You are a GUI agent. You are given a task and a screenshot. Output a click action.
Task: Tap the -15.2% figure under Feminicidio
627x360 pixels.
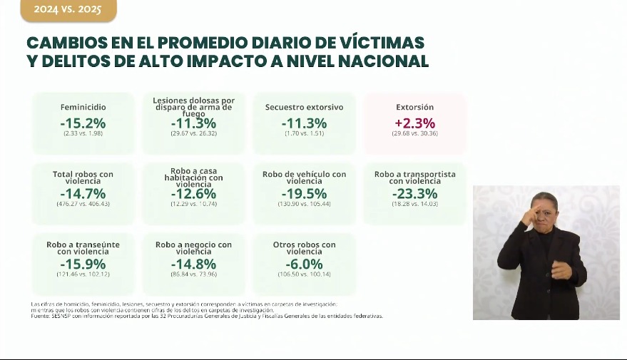coord(83,123)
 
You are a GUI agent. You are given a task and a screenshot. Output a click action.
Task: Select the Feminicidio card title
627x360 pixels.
coord(83,107)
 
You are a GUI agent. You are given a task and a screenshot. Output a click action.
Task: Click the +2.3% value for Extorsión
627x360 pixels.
coord(414,123)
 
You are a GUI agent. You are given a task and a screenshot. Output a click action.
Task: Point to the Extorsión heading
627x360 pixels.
coord(414,107)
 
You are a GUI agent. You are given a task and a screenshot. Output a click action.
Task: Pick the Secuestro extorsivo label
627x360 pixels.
coord(304,107)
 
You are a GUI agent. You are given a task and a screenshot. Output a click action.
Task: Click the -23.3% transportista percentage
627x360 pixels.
coord(414,193)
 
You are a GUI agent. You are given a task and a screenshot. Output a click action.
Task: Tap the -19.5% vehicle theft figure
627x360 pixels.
coord(304,193)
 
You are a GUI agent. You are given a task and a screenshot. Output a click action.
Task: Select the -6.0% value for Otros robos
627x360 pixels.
coord(304,264)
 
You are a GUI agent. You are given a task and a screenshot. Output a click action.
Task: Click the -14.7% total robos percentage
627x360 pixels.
coord(83,193)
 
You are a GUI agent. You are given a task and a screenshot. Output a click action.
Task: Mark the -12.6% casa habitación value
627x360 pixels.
coord(193,193)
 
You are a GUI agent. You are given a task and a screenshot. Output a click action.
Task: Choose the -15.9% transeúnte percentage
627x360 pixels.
coord(83,264)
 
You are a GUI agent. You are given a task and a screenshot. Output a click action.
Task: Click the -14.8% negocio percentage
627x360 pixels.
coord(193,264)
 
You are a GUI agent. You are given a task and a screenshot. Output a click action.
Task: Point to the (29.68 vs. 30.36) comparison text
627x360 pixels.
coord(414,133)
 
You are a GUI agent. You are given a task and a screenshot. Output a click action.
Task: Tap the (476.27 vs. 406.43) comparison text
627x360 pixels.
coord(83,204)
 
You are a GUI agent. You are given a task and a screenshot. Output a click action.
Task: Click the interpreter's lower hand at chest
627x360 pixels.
coord(561,270)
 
